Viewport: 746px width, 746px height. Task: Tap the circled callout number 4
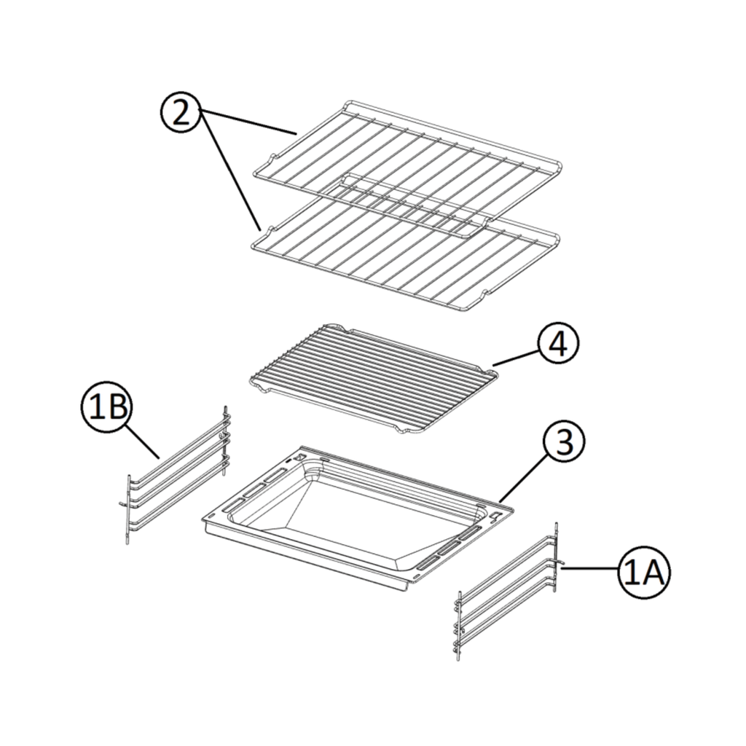(x=558, y=344)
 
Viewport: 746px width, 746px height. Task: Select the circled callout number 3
(x=564, y=441)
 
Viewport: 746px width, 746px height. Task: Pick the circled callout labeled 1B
(x=106, y=408)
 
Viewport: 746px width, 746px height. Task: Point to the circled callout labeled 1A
(x=643, y=573)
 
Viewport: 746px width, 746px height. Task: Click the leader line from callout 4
(x=517, y=357)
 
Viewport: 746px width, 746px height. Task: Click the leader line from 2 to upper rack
(x=248, y=122)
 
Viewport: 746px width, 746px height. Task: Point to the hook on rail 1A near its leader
(x=561, y=565)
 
